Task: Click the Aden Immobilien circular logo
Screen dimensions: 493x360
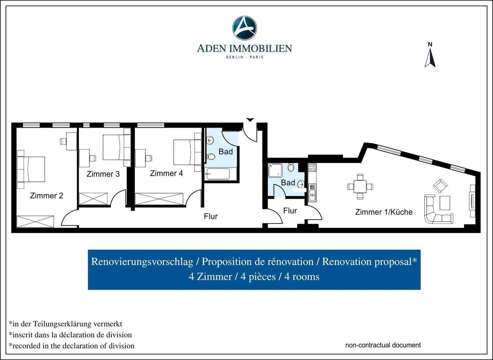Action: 244,28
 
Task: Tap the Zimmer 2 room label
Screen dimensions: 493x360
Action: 47,196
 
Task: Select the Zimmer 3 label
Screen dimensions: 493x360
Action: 103,174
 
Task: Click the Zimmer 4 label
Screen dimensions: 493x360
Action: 166,173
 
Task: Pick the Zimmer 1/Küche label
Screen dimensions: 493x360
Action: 384,212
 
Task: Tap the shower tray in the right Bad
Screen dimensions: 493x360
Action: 275,170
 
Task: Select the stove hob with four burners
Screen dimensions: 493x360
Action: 312,168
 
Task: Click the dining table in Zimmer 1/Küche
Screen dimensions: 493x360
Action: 360,186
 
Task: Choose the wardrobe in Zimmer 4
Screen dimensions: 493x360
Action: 159,199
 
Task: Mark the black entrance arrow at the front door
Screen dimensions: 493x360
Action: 250,120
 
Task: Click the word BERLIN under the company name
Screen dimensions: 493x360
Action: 235,57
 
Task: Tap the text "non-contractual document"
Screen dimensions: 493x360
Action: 383,345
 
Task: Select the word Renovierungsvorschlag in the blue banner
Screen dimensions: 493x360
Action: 142,262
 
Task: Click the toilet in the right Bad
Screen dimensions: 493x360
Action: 291,167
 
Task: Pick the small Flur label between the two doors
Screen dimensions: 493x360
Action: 290,211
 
